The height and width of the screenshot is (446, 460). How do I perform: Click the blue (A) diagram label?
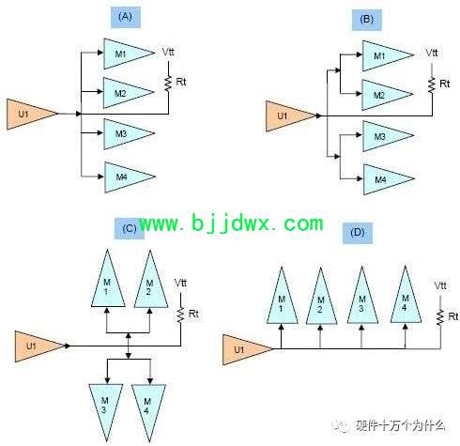click(126, 17)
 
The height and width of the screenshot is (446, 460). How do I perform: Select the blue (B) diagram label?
click(367, 20)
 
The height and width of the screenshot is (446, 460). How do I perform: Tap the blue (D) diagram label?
click(358, 233)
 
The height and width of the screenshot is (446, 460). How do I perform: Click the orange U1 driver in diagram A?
click(32, 114)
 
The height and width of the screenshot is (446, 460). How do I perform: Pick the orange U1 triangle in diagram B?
click(291, 116)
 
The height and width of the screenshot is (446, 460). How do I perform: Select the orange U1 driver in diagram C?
click(40, 346)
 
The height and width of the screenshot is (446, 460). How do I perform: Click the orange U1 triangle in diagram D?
click(248, 349)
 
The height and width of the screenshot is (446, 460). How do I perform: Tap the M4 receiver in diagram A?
click(130, 177)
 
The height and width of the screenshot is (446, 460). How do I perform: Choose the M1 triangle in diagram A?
click(129, 54)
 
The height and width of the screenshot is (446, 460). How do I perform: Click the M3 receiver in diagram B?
click(389, 136)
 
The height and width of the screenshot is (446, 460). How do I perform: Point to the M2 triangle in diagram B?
click(388, 95)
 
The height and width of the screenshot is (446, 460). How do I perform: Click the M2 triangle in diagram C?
click(151, 279)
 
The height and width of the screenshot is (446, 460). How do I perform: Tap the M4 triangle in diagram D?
click(406, 295)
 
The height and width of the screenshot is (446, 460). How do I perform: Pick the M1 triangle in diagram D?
click(282, 296)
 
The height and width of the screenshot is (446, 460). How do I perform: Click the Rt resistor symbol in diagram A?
click(168, 84)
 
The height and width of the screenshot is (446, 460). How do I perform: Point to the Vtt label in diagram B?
click(432, 53)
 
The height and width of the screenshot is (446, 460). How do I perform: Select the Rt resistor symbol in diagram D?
click(440, 317)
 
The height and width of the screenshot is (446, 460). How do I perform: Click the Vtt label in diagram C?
click(180, 284)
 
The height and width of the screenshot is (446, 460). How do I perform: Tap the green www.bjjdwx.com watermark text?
click(231, 223)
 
